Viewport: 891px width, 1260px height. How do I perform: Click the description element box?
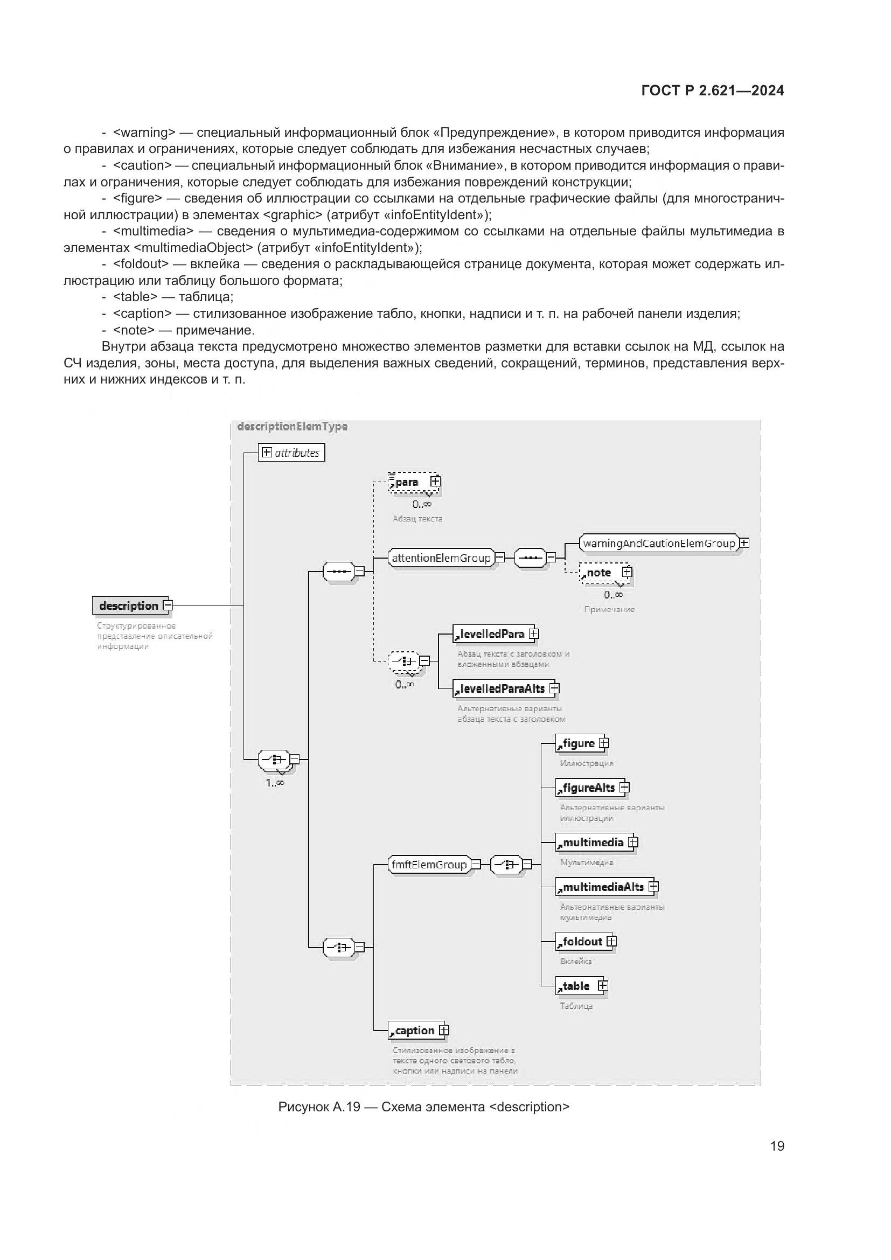point(129,606)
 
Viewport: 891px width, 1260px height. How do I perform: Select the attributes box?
point(291,453)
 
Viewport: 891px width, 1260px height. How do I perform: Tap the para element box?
point(408,482)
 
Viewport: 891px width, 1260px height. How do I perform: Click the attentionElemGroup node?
point(441,558)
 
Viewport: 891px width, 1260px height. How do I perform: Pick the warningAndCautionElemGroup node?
point(658,544)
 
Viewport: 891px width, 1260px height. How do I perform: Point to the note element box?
point(599,573)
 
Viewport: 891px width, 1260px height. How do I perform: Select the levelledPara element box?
point(492,634)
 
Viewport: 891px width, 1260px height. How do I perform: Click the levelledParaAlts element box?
point(502,689)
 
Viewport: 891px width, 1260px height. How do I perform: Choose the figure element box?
point(578,743)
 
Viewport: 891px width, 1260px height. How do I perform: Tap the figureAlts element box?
point(589,788)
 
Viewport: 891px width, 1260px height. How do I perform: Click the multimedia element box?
point(593,843)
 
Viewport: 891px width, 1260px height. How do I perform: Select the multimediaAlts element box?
point(603,887)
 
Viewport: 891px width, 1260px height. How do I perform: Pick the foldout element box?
point(583,942)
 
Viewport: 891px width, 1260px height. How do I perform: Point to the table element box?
point(576,986)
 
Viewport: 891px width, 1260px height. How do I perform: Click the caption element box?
point(414,1031)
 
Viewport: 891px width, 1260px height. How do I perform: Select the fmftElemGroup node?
point(429,865)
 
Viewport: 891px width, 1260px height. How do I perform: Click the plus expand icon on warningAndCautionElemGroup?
point(744,543)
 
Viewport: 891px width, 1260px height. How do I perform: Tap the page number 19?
point(777,1146)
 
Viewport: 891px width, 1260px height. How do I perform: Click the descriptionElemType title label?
point(293,427)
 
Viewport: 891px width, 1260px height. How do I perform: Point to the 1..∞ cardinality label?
point(275,783)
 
